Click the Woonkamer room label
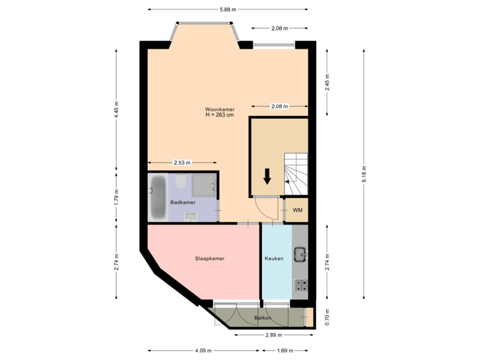point(219,109)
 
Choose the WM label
point(297,211)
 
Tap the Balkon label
point(262,317)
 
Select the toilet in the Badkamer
point(181,182)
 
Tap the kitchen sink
point(301,253)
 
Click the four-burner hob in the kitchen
point(301,285)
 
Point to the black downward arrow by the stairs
point(267,176)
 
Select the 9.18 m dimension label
point(365,175)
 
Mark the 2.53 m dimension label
point(182,162)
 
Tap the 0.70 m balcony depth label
point(326,315)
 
